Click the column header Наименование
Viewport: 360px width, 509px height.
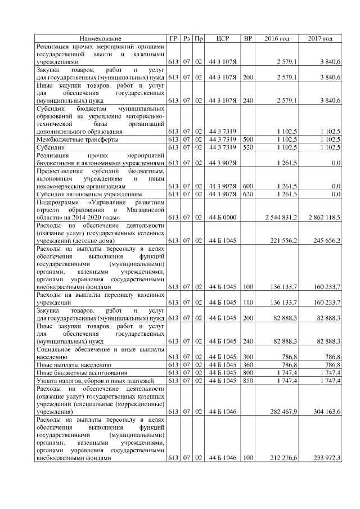pos(100,38)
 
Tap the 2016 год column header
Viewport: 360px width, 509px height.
pos(277,38)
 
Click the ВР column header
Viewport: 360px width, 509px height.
pos(247,38)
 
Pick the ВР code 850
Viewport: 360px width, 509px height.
pos(247,381)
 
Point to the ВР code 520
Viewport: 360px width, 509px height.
pos(247,147)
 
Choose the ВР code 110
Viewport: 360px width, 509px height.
pos(247,302)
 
